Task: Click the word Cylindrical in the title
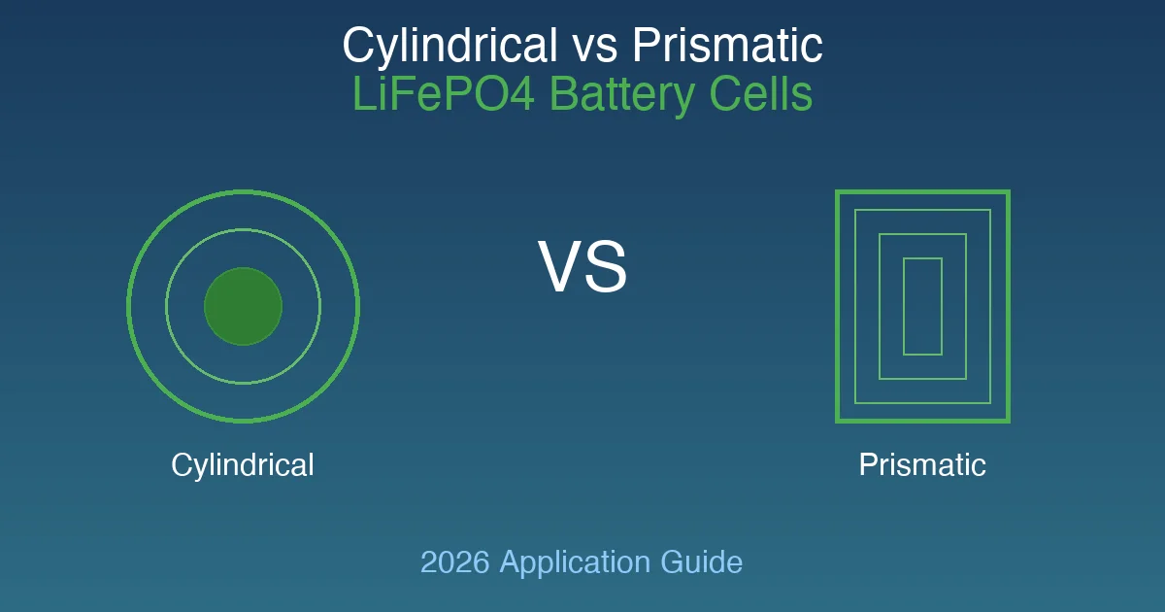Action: pos(449,47)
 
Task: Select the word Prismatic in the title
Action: pos(727,45)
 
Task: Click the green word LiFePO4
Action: pos(444,94)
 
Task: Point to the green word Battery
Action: pos(622,96)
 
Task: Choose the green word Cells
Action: pos(761,94)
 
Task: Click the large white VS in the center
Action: pos(582,267)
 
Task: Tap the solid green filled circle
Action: pos(244,307)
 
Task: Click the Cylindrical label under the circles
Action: pos(243,465)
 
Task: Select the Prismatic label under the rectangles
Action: pos(922,464)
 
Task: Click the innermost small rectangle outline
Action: pos(922,258)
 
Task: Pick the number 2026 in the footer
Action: pos(455,562)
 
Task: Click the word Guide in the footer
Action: pos(702,562)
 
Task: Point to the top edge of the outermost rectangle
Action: pos(922,192)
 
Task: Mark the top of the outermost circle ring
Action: pos(244,191)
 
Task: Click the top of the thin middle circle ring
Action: pos(244,229)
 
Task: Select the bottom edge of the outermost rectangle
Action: pos(922,421)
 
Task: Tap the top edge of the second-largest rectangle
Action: pos(922,210)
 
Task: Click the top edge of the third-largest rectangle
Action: pos(922,234)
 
